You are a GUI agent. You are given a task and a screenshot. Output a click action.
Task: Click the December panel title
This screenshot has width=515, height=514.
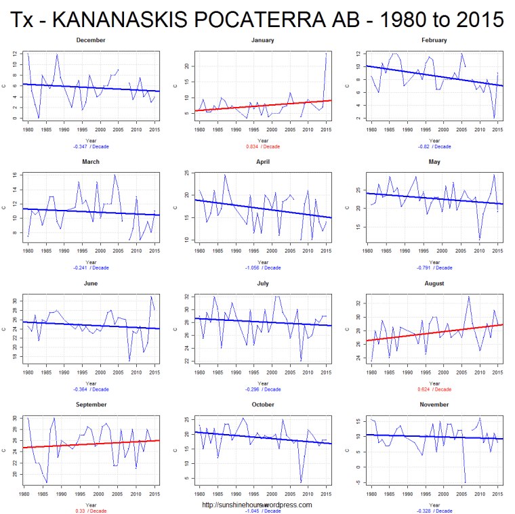pos(91,40)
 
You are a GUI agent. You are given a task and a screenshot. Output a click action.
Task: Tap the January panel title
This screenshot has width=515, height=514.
pos(262,40)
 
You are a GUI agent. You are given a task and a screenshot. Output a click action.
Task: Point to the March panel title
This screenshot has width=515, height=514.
pos(91,162)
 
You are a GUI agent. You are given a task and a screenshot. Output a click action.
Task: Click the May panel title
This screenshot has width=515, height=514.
pos(434,162)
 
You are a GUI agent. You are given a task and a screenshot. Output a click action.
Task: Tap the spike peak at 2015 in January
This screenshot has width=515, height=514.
pos(327,54)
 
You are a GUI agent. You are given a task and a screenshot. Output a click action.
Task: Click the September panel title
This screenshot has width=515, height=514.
pos(91,404)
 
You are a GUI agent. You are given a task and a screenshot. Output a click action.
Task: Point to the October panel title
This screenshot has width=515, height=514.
pos(262,404)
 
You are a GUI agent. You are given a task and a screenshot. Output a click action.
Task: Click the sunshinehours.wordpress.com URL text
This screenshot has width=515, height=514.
pos(257,505)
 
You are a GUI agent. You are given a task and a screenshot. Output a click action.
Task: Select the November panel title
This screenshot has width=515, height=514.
pos(434,404)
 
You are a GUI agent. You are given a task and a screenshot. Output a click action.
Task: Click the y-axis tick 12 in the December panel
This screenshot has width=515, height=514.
pos(16,53)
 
